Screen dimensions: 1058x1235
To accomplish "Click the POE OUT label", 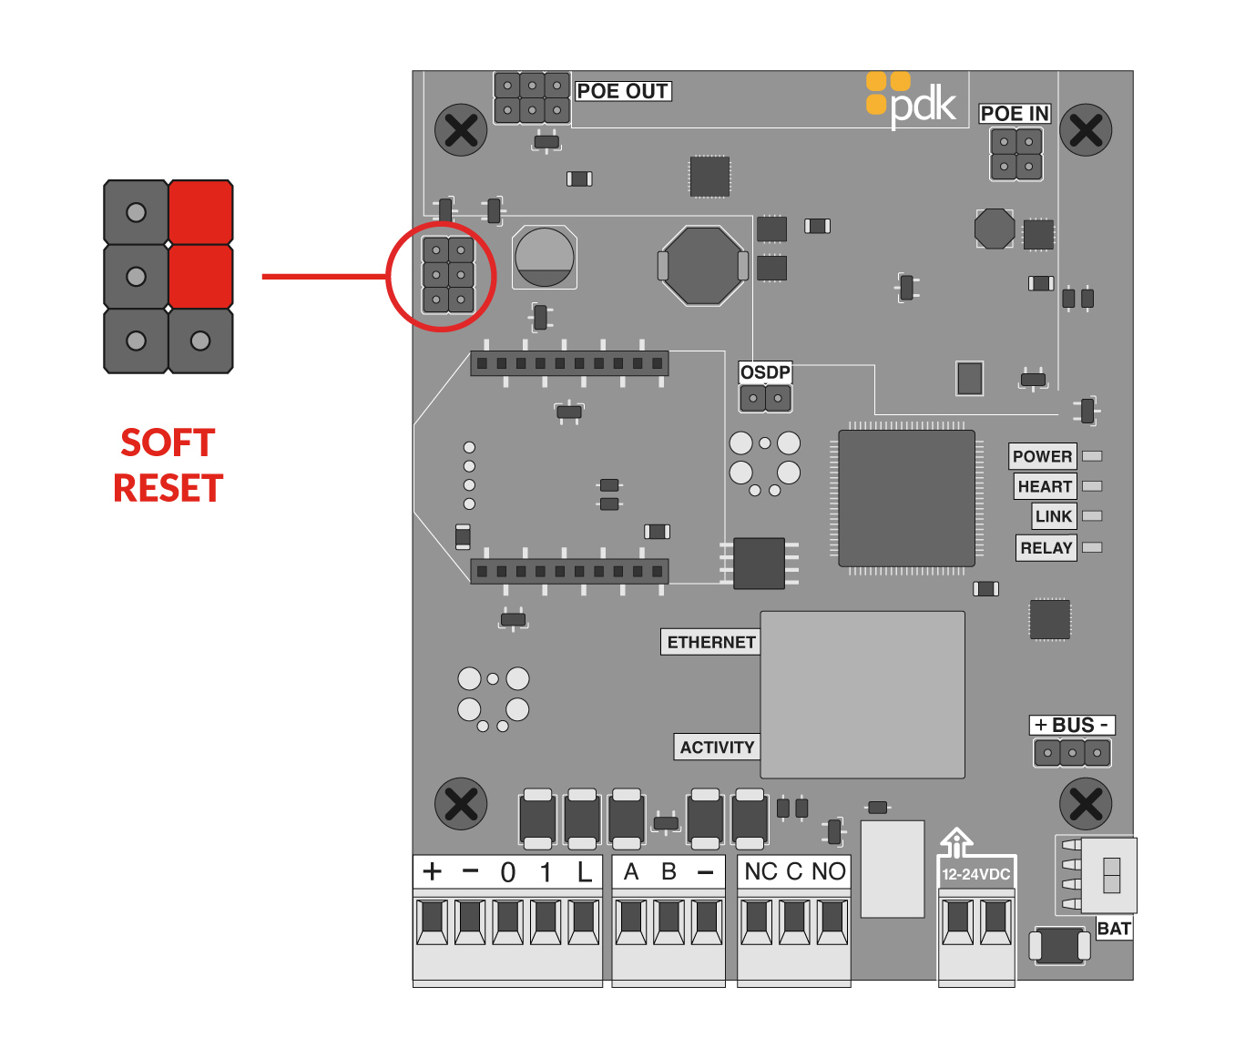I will tap(623, 91).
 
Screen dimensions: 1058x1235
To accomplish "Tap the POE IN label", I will tap(1015, 114).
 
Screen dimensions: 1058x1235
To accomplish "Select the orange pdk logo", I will tap(911, 100).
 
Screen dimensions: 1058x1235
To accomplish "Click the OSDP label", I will tap(765, 372).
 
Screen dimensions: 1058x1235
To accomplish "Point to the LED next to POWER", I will tap(1092, 456).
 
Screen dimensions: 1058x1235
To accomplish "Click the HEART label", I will tap(1045, 486).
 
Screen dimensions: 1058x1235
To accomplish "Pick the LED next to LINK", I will tap(1092, 516).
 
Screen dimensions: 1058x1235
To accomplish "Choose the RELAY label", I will tap(1046, 548).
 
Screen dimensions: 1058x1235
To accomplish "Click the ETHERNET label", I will tap(710, 642).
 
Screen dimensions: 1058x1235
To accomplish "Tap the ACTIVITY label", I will tap(717, 748).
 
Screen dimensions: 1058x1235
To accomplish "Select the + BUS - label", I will tap(1072, 726).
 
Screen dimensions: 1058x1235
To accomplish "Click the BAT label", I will tap(1113, 929).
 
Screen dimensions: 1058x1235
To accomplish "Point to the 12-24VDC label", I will tap(975, 874).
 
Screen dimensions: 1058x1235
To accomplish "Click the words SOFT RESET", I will tap(168, 465).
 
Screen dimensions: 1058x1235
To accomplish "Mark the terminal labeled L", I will tap(584, 872).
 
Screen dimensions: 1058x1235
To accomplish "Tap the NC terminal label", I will tap(760, 872).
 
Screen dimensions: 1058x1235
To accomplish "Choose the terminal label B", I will tap(669, 872).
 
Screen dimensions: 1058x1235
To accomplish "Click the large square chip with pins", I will tap(906, 498).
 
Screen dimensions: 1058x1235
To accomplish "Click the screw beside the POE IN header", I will tap(1086, 130).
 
